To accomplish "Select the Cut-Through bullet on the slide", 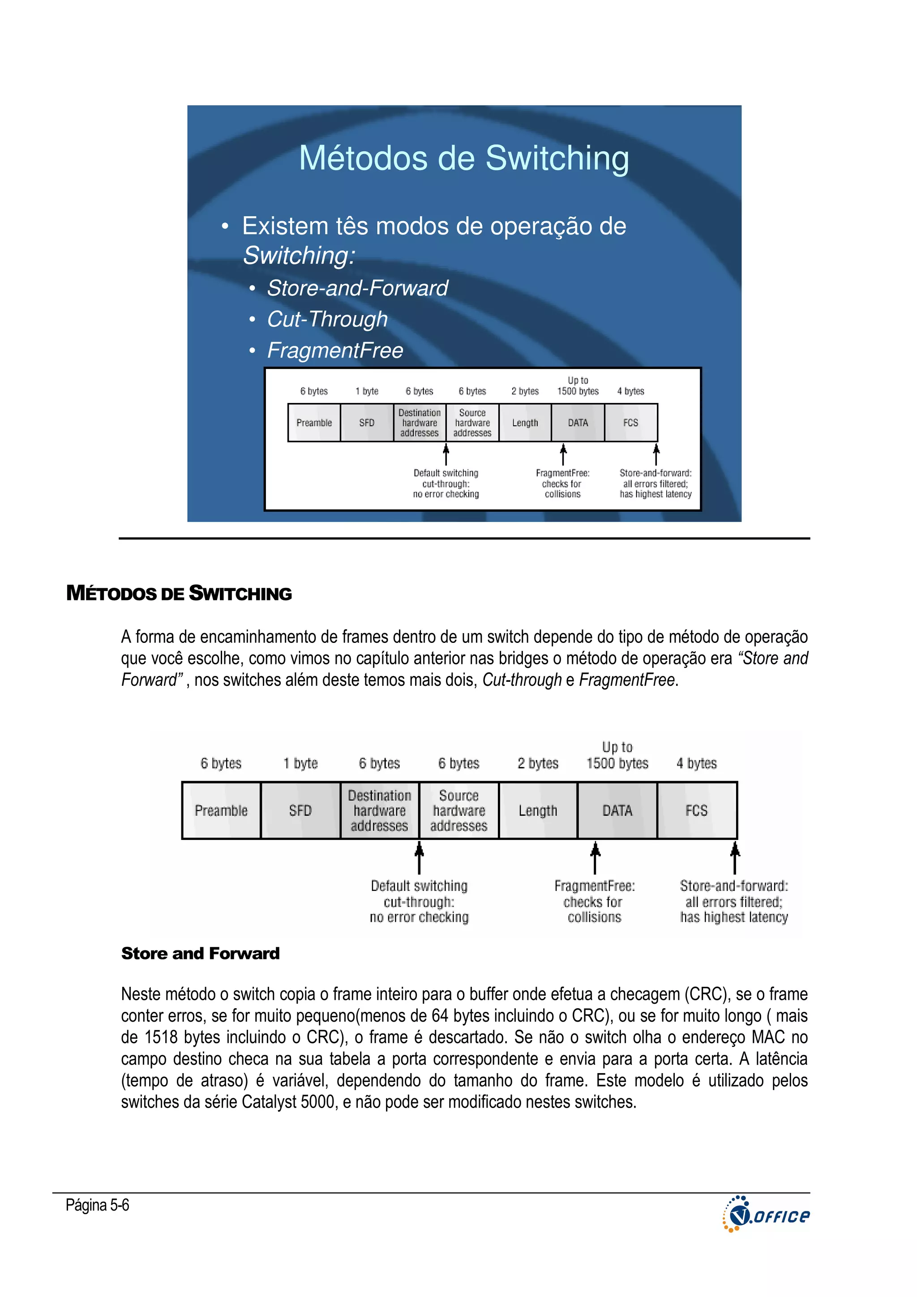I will click(x=327, y=319).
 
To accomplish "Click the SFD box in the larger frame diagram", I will click(x=300, y=811).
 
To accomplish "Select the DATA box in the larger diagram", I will click(x=617, y=811).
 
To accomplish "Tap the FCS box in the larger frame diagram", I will click(x=697, y=811).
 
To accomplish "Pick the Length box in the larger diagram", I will click(x=538, y=811).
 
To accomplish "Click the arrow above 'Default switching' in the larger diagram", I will click(x=419, y=857).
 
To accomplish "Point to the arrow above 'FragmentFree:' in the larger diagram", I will click(x=595, y=857).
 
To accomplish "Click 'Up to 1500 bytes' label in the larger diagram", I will click(x=617, y=755).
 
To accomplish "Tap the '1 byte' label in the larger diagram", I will click(x=300, y=763).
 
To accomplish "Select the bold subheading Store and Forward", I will click(x=201, y=954).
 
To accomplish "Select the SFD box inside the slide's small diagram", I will click(x=367, y=423).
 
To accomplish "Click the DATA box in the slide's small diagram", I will click(x=578, y=423).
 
